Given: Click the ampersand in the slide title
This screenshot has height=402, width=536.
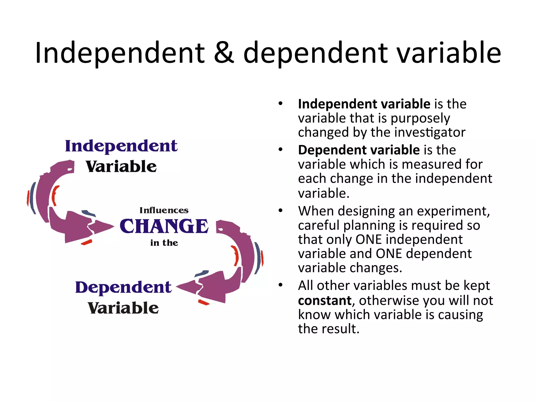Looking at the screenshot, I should [224, 53].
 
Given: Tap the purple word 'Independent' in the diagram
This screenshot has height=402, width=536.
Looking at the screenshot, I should [121, 146].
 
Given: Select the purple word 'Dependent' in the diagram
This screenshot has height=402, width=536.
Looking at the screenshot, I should [123, 287].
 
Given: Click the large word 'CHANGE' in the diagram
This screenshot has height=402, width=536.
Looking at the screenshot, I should [164, 226].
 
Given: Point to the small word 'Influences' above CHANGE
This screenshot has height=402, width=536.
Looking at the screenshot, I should [164, 210].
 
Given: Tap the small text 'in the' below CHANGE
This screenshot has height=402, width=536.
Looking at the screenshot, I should [164, 243].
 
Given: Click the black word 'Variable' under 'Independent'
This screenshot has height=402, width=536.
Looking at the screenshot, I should [121, 167].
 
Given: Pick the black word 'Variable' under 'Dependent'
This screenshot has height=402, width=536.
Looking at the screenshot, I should [123, 308].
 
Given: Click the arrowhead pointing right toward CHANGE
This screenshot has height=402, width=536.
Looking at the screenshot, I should [103, 227].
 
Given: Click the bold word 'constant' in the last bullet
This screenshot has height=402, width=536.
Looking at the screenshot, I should [325, 300].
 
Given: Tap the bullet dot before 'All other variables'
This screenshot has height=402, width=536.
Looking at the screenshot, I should [281, 285].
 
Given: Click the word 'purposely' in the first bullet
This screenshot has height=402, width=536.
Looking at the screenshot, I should [420, 119].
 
